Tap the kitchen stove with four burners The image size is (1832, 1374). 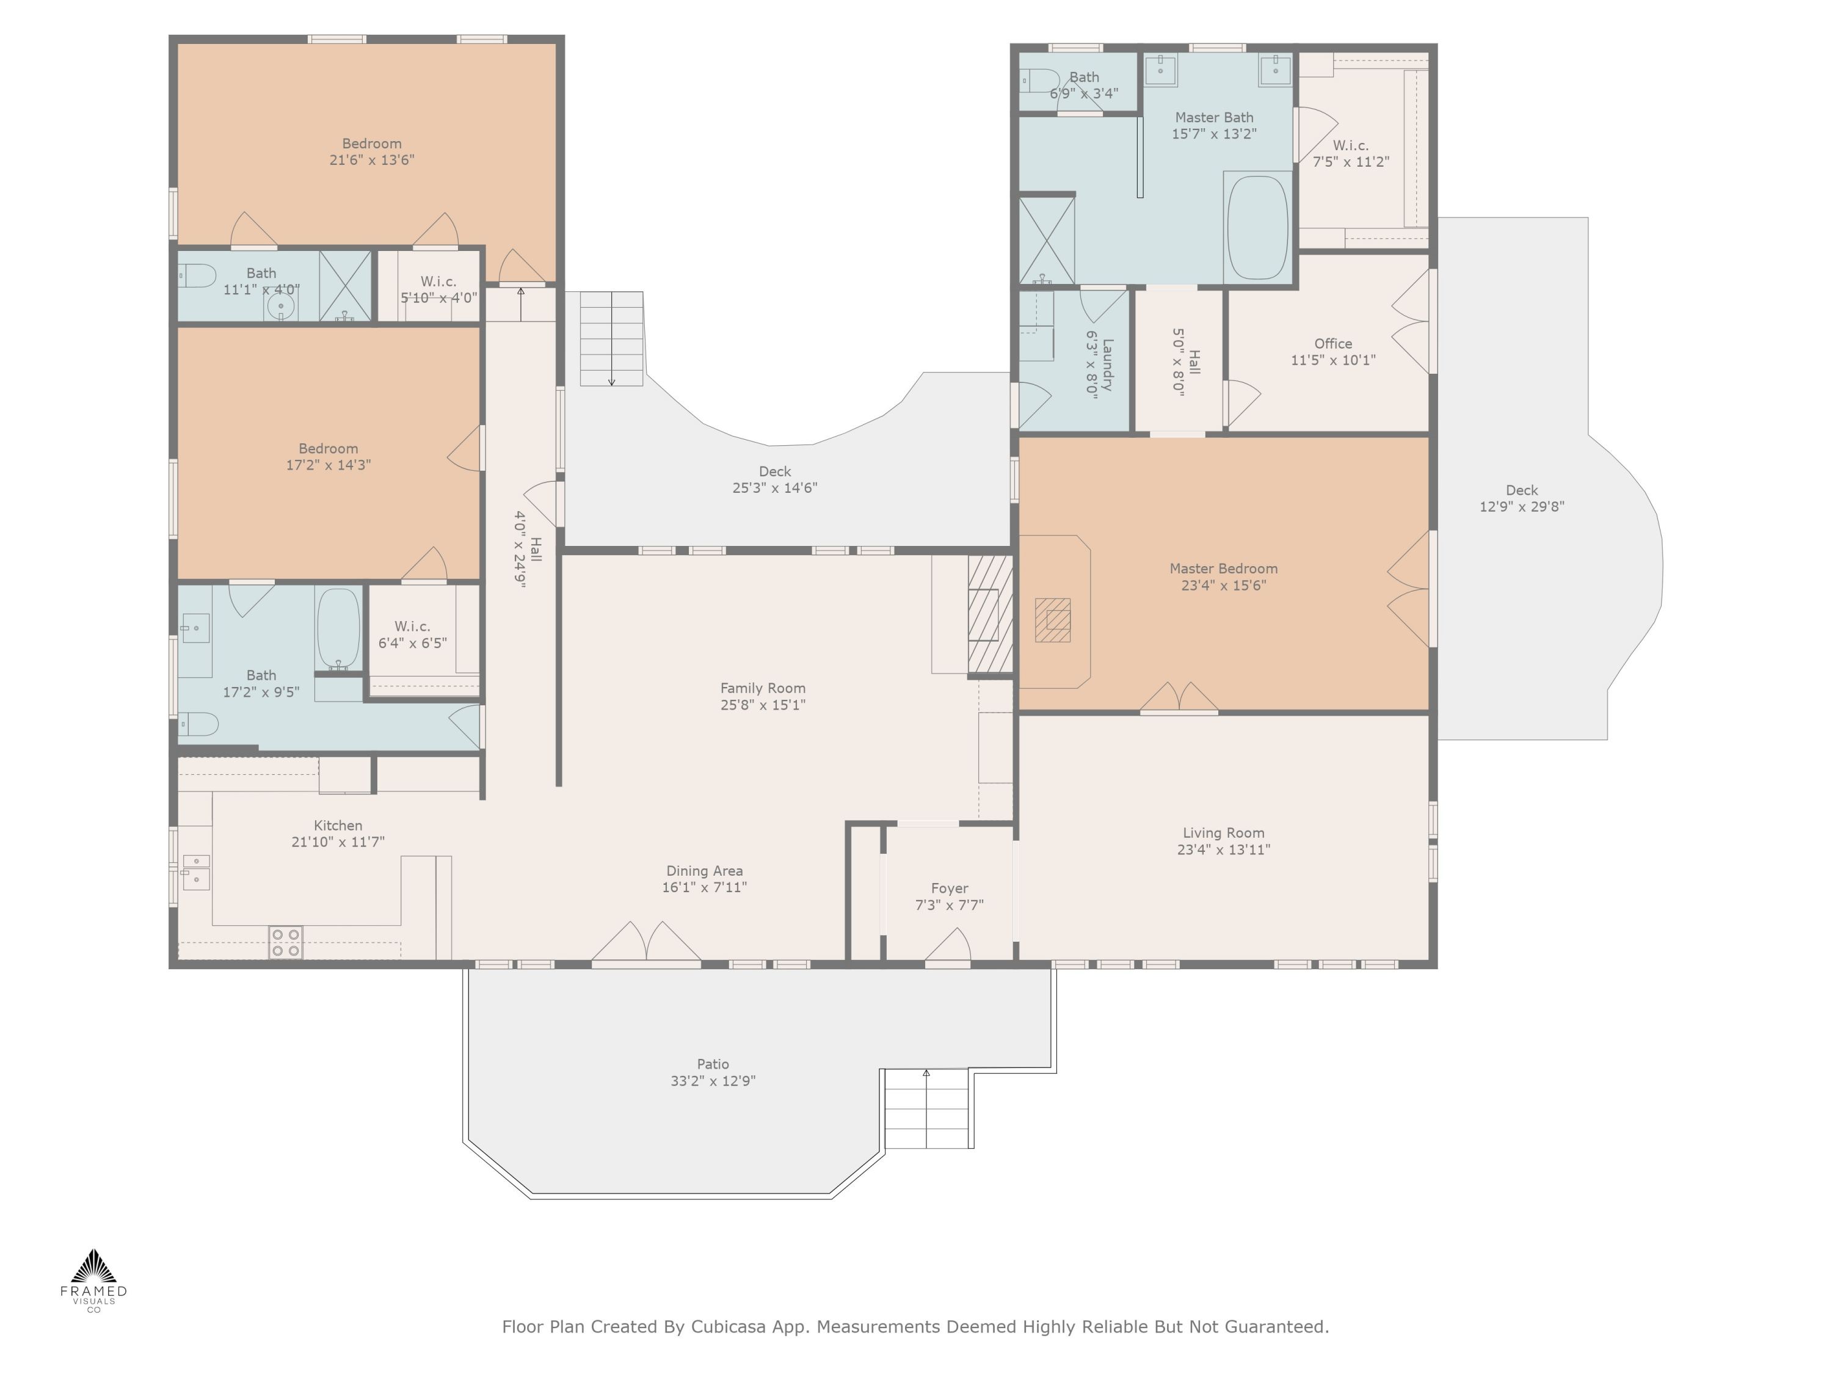pos(286,942)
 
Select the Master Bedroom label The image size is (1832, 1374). pos(1223,569)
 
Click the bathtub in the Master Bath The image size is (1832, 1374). pos(1257,226)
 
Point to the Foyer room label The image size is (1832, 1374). pos(949,889)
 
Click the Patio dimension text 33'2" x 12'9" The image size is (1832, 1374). pos(713,1081)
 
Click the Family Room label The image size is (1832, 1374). pos(763,688)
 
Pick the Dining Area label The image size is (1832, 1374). pos(705,871)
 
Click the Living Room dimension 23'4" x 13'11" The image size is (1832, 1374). pos(1223,850)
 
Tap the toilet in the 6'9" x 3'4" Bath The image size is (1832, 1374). pos(1039,81)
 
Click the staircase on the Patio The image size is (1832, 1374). pos(928,1108)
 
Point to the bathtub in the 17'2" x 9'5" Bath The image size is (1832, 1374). pos(338,628)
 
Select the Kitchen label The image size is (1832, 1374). pos(338,826)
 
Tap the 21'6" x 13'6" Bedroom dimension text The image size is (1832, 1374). pos(372,160)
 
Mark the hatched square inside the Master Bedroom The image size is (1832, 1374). pos(1053,620)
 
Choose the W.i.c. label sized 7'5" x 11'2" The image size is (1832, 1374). pos(1351,146)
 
